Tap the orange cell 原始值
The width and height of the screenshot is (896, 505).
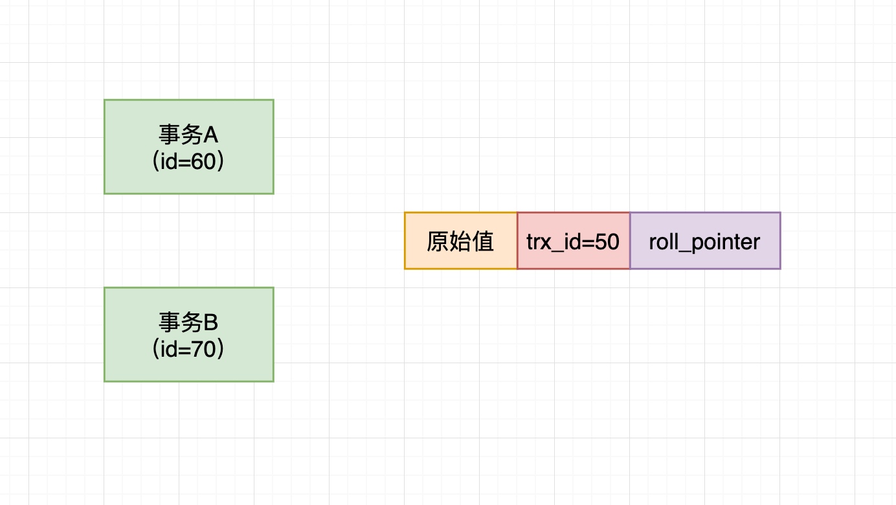[460, 241]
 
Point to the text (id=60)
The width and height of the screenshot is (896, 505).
[188, 161]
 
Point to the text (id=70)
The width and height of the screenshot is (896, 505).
[188, 349]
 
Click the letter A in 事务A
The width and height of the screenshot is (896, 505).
[211, 135]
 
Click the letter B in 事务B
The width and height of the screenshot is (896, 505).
[211, 322]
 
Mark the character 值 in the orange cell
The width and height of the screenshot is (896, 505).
[483, 241]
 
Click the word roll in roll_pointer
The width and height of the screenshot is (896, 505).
[662, 241]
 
